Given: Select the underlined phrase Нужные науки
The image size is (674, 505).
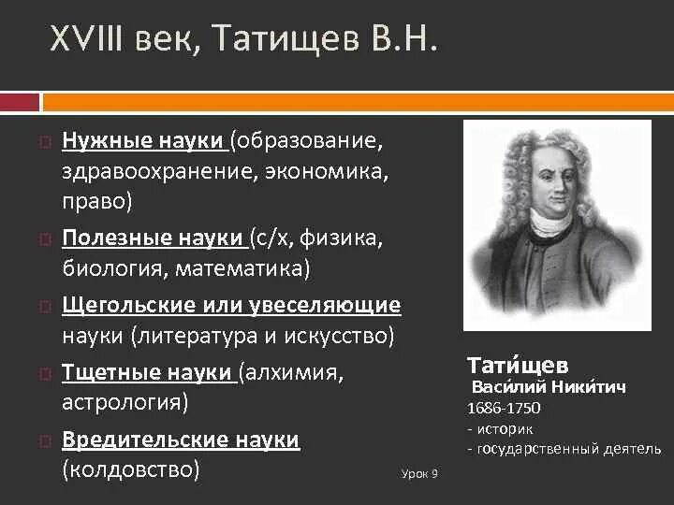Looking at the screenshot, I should [142, 140].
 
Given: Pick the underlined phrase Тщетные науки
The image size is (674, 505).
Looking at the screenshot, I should [148, 372].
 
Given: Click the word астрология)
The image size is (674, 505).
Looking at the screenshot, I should [125, 403].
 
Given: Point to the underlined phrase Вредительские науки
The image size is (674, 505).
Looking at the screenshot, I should [181, 440].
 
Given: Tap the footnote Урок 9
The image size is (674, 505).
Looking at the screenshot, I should [418, 474].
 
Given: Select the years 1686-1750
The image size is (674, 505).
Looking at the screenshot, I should [504, 409].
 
